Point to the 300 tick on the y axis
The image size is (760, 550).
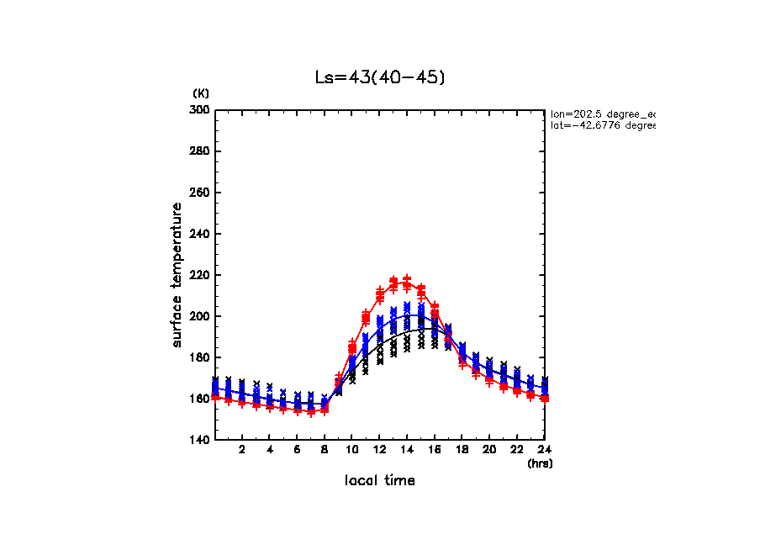pos(202,110)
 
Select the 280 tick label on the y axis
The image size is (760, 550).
pos(202,151)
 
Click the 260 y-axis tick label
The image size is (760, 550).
pos(202,193)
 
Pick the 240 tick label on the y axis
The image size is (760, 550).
pos(202,234)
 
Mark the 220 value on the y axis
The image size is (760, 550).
pos(202,275)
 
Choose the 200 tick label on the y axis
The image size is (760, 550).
pos(202,316)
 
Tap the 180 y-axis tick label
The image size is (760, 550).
pos(202,357)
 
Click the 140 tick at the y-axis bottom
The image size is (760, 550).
pos(202,440)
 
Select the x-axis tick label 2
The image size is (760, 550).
pos(242,451)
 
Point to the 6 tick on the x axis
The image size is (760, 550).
pos(297,451)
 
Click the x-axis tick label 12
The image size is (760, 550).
pos(379,451)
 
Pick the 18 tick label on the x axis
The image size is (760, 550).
pos(462,451)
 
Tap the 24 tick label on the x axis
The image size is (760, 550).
pos(544,451)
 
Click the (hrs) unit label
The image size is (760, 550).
pos(540,463)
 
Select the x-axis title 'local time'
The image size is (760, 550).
pos(380,481)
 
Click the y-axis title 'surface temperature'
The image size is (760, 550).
pos(177,275)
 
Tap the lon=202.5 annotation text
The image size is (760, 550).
pos(602,114)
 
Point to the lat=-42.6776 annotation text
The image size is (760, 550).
pos(602,126)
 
